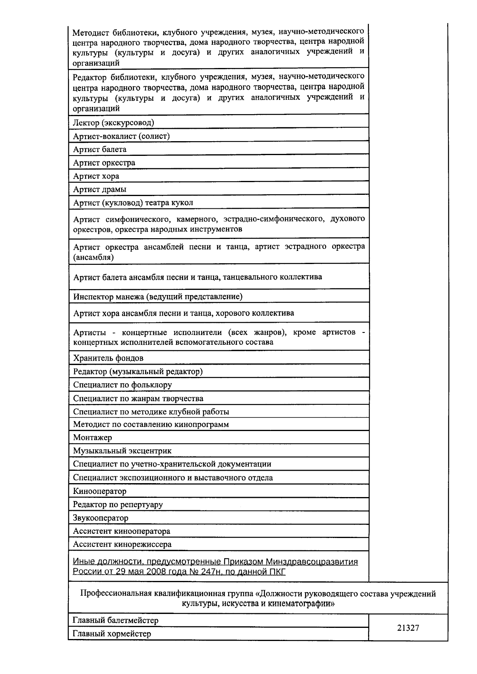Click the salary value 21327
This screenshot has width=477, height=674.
[x=408, y=628]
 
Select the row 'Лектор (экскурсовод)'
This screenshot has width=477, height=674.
[x=113, y=123]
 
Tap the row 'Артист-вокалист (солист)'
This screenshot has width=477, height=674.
[x=121, y=136]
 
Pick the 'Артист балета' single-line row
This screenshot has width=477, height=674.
[x=100, y=150]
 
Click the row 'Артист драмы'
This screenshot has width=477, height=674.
[x=100, y=189]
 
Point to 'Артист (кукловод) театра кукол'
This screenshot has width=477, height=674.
[x=133, y=203]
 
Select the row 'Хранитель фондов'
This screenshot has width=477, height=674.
[x=108, y=358]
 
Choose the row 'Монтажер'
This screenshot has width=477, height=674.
[x=93, y=437]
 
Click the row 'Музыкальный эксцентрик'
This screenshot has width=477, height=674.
[x=122, y=451]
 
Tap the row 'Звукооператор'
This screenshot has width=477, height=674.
[x=101, y=518]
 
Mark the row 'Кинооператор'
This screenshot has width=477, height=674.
[x=100, y=491]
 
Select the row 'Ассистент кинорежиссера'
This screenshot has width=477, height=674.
[x=122, y=544]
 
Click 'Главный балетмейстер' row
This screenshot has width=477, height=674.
[x=116, y=620]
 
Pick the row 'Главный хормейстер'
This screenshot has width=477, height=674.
[x=112, y=634]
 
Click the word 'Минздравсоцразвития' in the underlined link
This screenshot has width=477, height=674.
[x=312, y=562]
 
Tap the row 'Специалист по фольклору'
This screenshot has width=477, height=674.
[x=122, y=385]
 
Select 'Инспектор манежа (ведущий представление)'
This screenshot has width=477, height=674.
[x=158, y=296]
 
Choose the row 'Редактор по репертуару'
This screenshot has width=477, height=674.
[x=118, y=505]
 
